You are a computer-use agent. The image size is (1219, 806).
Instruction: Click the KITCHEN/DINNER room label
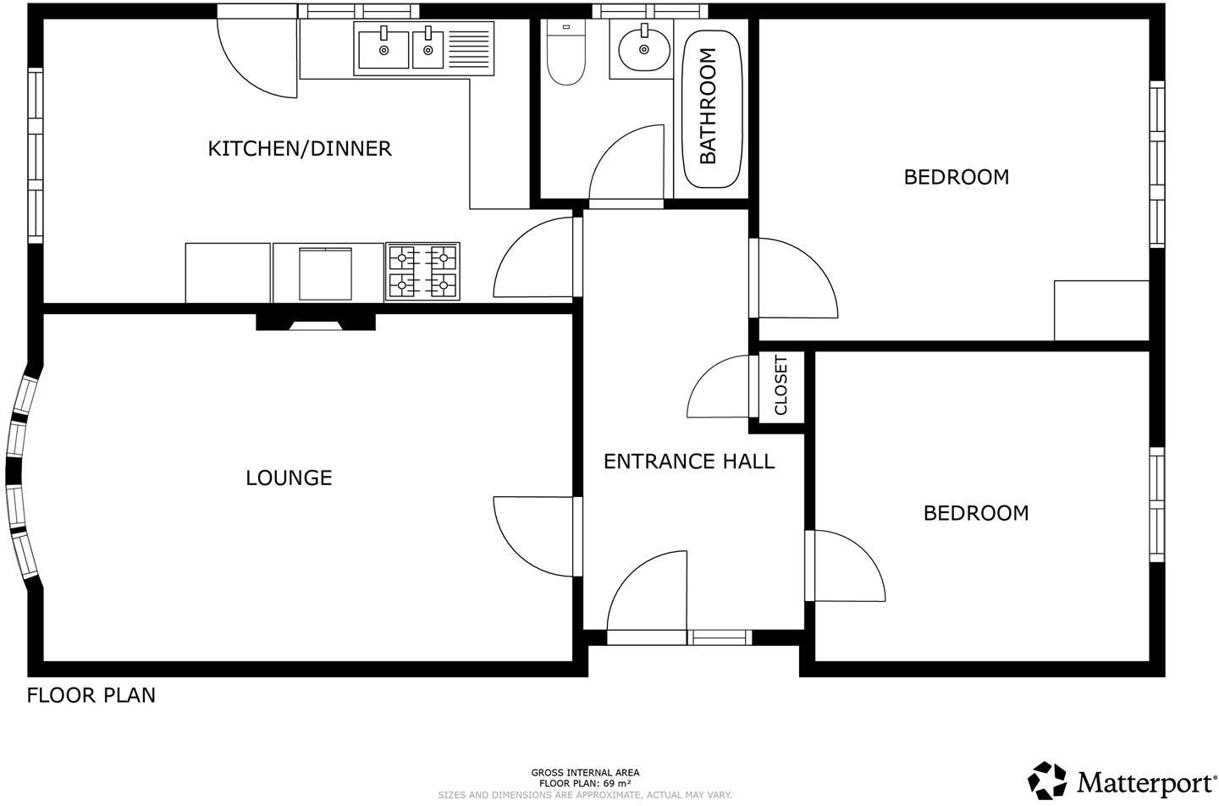coord(300,149)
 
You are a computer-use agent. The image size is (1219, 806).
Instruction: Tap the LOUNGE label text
coord(289,478)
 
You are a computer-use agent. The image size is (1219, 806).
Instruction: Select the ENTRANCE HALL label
coord(688,461)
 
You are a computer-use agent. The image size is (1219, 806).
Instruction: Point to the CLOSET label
coord(780,385)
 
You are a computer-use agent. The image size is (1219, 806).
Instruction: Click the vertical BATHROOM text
coord(708,106)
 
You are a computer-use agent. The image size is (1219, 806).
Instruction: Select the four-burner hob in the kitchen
coord(422,271)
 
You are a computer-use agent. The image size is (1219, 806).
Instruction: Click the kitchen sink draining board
coord(469,48)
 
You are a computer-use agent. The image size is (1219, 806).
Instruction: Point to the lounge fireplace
coord(316,323)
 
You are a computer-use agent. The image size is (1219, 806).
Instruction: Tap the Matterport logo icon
coord(1047,780)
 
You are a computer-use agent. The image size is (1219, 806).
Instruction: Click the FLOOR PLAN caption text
coord(91,696)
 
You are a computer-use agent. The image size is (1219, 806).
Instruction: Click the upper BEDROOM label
coord(956,178)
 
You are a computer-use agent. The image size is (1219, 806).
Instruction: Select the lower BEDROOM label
coord(975,513)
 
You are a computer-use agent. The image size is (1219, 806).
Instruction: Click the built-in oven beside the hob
coord(325,273)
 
